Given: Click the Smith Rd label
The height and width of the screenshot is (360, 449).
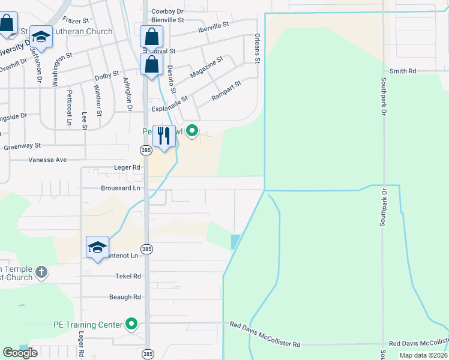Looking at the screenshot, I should tap(403, 71).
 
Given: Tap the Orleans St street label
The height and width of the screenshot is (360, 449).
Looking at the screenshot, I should tap(257, 49).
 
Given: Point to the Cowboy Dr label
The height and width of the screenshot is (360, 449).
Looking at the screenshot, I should tap(167, 11).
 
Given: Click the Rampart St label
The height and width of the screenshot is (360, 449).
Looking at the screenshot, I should tap(226, 91).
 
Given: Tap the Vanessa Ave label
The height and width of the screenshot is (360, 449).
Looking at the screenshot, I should tap(47, 160).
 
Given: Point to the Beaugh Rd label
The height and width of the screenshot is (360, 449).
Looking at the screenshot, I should tap(125, 297).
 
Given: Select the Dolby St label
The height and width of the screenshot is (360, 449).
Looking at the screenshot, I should tap(107, 77).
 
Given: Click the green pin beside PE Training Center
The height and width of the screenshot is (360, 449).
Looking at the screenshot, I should tap(131, 325).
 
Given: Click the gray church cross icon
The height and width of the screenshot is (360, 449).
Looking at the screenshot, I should tap(41, 273).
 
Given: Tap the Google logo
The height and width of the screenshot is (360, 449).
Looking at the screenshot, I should tap(20, 353).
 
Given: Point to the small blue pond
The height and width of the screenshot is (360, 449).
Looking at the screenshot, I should tap(235, 242).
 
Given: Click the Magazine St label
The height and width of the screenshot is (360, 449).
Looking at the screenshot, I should tap(206, 66).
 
